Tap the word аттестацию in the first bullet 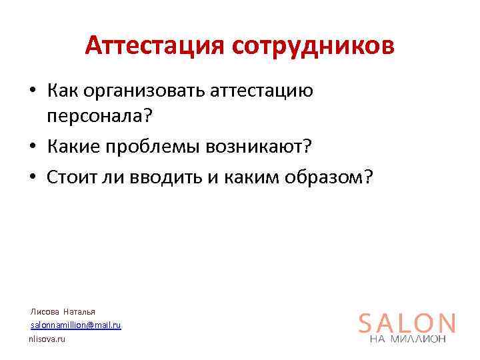coord(261,91)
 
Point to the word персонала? coord(99,116)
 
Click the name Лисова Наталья coord(63,311)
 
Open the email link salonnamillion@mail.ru coord(75,325)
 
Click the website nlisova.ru coord(47,339)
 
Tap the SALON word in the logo coord(407,323)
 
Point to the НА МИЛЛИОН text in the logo coord(407,339)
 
